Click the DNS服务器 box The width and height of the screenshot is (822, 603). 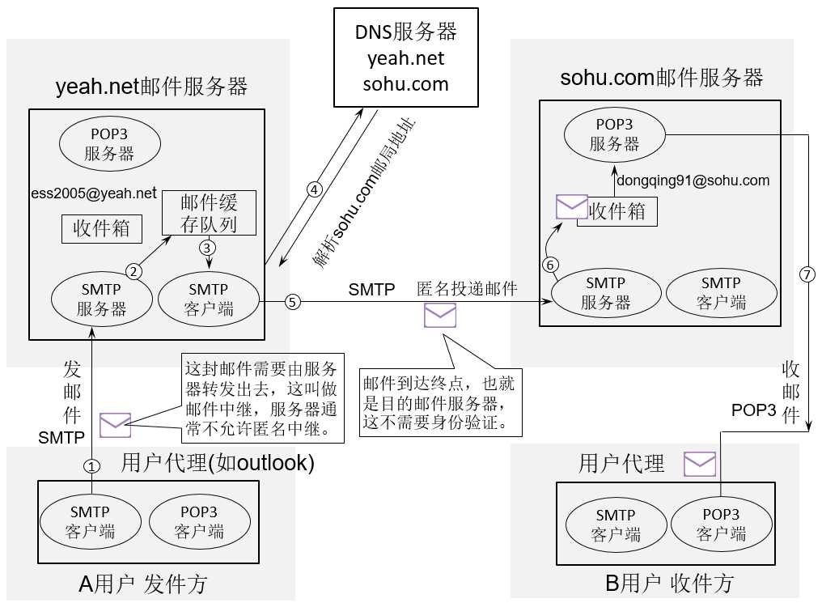(x=405, y=57)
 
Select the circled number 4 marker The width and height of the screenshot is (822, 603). (x=315, y=189)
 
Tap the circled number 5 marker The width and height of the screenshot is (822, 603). (x=292, y=301)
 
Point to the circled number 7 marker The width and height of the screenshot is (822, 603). (x=806, y=274)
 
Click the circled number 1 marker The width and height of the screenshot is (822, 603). (x=92, y=466)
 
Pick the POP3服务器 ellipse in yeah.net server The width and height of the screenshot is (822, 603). (x=108, y=142)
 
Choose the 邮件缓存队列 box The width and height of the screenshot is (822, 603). (x=209, y=213)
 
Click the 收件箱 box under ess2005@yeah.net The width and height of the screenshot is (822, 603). (x=102, y=228)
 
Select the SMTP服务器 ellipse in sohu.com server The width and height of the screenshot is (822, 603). (x=606, y=294)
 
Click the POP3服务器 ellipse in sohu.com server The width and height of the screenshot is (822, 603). (x=614, y=134)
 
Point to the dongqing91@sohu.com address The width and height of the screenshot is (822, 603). (x=693, y=180)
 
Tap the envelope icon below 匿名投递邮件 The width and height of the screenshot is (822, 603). (x=440, y=315)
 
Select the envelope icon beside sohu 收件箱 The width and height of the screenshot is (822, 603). (x=571, y=206)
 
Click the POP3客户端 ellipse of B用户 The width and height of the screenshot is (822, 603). (x=721, y=524)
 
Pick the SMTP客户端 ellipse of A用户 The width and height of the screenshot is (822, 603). (x=90, y=522)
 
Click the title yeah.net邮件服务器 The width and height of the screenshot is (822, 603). (x=151, y=86)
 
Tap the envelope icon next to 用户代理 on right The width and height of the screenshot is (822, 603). (x=700, y=464)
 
